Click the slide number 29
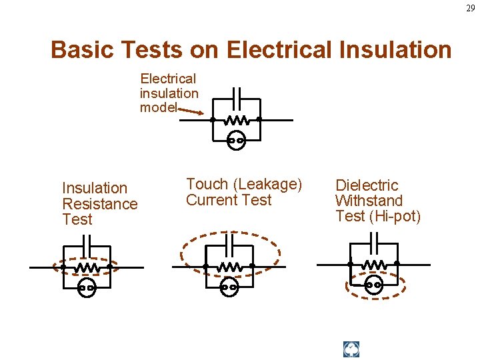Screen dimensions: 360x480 (471, 8)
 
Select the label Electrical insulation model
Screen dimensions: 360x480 (169, 93)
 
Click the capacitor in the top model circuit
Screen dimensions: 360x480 (235, 93)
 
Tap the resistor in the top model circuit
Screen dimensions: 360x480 (235, 121)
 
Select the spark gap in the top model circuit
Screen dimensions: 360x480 (235, 141)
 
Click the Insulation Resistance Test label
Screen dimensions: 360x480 (99, 203)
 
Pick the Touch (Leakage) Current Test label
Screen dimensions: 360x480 (243, 192)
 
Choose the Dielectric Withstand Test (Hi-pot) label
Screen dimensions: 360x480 (377, 200)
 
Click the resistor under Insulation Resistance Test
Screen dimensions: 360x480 (86, 267)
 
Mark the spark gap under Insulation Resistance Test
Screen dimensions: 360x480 (86, 288)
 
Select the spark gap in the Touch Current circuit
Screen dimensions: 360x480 (229, 288)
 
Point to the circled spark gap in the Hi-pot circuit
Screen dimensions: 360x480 (374, 285)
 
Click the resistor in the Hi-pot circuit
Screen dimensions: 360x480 (374, 264)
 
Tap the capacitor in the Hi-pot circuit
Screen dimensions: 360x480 (374, 238)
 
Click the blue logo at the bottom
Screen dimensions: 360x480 (351, 349)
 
